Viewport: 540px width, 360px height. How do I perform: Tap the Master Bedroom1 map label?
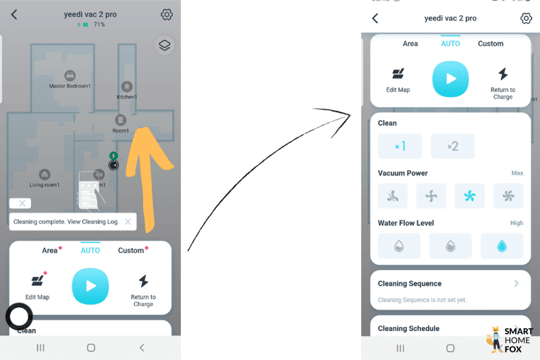coord(70,86)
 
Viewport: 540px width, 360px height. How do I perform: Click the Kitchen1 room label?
coord(127,97)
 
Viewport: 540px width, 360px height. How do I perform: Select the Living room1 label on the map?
coord(45,184)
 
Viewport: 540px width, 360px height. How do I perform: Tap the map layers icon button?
coord(164,45)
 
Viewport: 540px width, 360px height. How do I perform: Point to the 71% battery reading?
coord(99,24)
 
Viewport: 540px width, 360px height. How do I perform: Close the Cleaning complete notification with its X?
coord(128,222)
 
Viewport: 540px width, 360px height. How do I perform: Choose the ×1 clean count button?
coord(400,146)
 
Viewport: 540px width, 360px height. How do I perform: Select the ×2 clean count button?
coord(452,146)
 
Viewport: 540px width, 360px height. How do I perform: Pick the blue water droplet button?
coord(502,246)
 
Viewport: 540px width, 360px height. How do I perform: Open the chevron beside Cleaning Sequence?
coord(516,284)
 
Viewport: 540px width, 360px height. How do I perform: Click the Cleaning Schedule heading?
coord(408,328)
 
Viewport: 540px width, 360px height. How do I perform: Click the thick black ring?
coord(19,316)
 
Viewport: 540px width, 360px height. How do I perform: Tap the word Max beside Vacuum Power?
coord(517,174)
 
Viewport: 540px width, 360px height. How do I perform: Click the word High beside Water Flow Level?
coord(516,223)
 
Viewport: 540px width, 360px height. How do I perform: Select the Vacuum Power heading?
coord(402,174)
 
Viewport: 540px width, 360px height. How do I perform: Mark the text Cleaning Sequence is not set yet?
coord(422,300)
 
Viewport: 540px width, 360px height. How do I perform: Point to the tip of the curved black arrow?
coord(351,114)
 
